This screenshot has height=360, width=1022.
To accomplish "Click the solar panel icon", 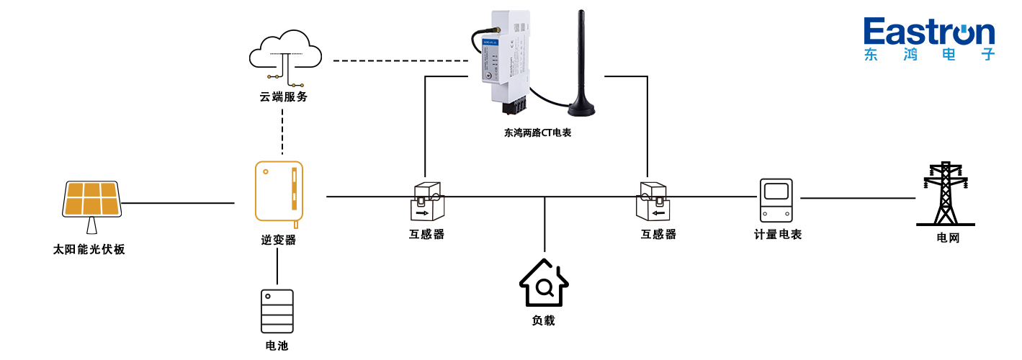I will (x=91, y=200).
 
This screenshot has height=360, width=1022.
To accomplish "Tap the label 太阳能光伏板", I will (x=89, y=250).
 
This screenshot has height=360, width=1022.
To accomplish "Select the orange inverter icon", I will (x=279, y=192).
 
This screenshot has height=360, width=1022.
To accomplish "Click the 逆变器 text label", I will (x=279, y=240).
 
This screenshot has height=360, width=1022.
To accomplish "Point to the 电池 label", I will (x=277, y=346).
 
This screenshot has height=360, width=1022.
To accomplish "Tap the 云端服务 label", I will (x=284, y=96).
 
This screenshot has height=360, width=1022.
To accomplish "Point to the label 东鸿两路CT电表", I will (x=538, y=133).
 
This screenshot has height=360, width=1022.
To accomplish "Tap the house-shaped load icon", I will (x=544, y=284).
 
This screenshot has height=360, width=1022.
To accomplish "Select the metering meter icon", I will (x=776, y=199).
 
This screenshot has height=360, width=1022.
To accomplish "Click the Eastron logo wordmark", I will (x=929, y=33).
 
